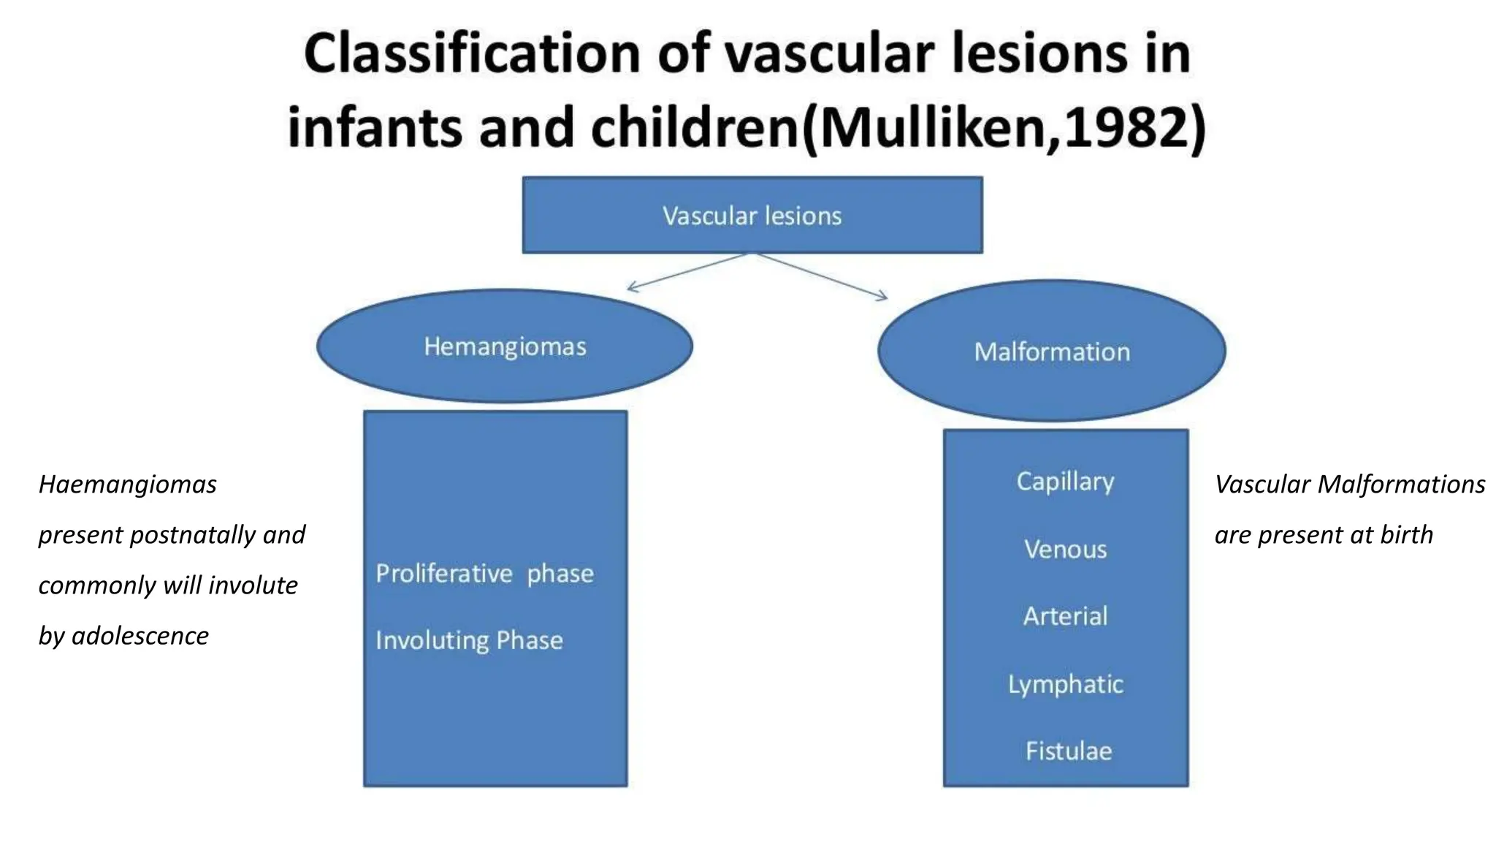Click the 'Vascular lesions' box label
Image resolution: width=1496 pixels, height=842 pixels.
click(x=752, y=216)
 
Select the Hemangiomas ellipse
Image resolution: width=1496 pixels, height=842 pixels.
click(x=505, y=346)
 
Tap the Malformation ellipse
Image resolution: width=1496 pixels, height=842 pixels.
click(x=1052, y=352)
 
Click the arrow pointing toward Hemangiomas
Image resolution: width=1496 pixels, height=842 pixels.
click(x=687, y=272)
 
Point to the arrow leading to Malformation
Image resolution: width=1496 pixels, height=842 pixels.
click(x=823, y=276)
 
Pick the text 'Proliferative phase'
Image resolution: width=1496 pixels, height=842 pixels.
click(x=484, y=574)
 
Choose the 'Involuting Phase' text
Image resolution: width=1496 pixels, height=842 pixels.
click(x=469, y=640)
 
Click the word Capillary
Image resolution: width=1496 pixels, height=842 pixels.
click(x=1065, y=482)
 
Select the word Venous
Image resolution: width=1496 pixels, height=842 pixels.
click(x=1065, y=549)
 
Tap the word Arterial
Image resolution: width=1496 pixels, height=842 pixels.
click(x=1065, y=616)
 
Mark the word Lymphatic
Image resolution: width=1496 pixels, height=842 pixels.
click(x=1065, y=684)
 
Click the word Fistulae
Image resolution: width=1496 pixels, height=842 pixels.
click(x=1068, y=751)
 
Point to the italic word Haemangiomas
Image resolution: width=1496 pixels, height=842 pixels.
click(x=128, y=485)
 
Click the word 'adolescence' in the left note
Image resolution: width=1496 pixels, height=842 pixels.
click(x=140, y=636)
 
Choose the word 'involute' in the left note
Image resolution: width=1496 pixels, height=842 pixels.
click(x=253, y=585)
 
